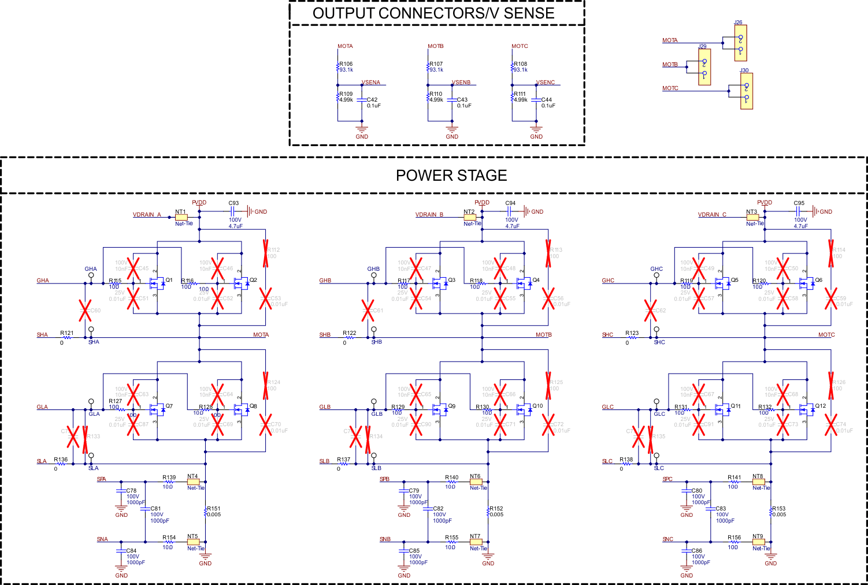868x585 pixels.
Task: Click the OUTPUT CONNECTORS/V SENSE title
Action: pyautogui.click(x=433, y=13)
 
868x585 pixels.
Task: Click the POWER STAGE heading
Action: pyautogui.click(x=451, y=176)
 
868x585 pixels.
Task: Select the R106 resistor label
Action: pyautogui.click(x=346, y=64)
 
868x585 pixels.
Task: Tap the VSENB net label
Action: pyautogui.click(x=461, y=83)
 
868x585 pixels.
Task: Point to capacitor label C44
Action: pyautogui.click(x=547, y=100)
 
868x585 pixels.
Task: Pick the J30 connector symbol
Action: pyautogui.click(x=746, y=91)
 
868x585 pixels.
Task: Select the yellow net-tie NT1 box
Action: pyautogui.click(x=181, y=218)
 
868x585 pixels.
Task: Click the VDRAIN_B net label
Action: pyautogui.click(x=429, y=215)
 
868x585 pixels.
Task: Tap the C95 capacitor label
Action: pyautogui.click(x=799, y=203)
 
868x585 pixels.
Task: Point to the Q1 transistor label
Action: pyautogui.click(x=169, y=280)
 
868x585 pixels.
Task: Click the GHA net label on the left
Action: pyautogui.click(x=43, y=281)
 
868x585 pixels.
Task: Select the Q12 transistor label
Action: pyautogui.click(x=821, y=406)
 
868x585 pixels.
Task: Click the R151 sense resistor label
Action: pyautogui.click(x=214, y=509)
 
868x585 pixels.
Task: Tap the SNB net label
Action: pyautogui.click(x=385, y=539)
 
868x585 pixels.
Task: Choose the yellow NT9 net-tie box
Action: pyautogui.click(x=758, y=542)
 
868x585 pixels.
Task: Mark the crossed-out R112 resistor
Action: pyautogui.click(x=266, y=253)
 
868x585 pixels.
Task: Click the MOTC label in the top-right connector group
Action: pyautogui.click(x=670, y=88)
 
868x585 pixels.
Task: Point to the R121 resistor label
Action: pyautogui.click(x=67, y=333)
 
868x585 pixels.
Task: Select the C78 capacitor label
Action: pyautogui.click(x=131, y=491)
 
